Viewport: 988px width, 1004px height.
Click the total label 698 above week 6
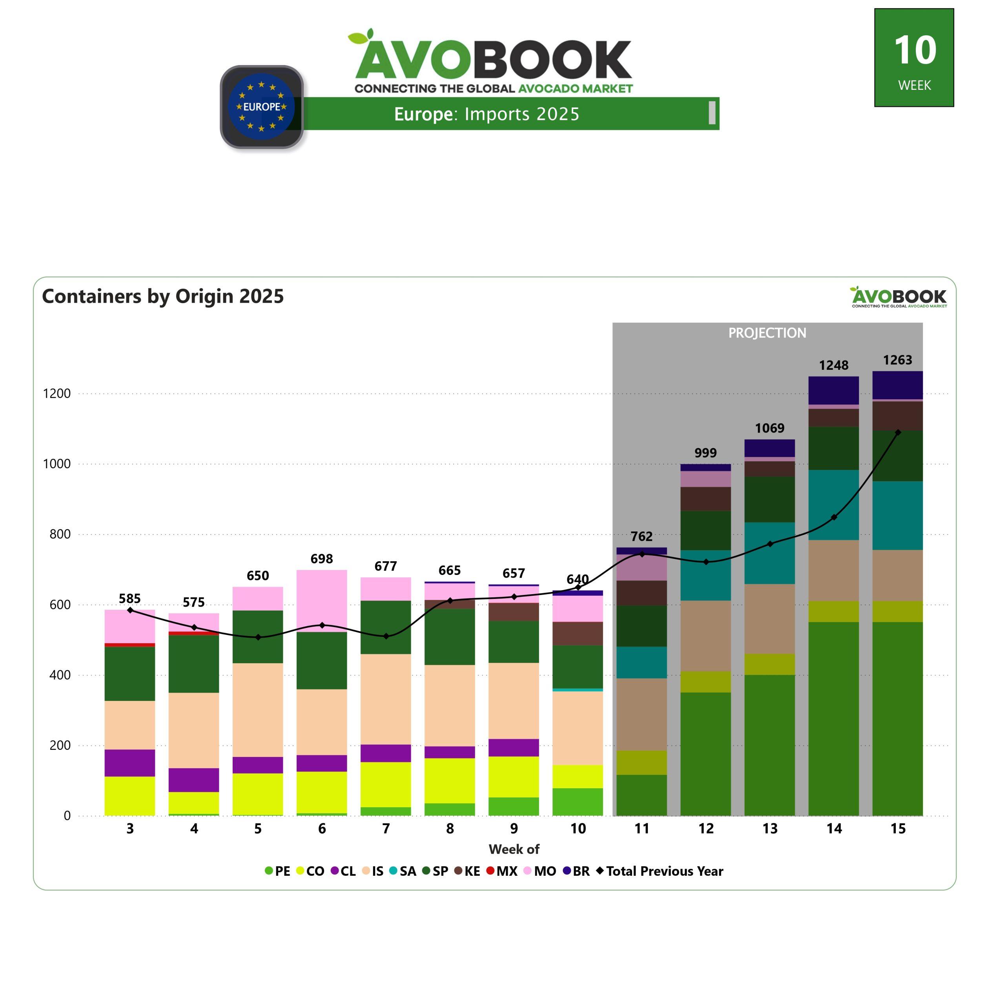pyautogui.click(x=322, y=558)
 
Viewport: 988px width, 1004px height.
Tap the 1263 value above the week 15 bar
pyautogui.click(x=897, y=360)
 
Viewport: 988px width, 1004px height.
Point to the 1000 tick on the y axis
pyautogui.click(x=57, y=464)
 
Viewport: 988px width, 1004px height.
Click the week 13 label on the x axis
pyautogui.click(x=769, y=829)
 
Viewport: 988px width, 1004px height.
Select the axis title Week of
pyautogui.click(x=514, y=849)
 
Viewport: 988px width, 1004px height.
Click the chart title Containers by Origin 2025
pyautogui.click(x=163, y=296)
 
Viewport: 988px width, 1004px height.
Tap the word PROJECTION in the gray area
pyautogui.click(x=767, y=333)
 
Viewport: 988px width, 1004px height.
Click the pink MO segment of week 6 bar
pyautogui.click(x=322, y=600)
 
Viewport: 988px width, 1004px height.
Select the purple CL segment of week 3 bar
pyautogui.click(x=130, y=762)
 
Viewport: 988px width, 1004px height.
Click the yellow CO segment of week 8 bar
pyautogui.click(x=449, y=780)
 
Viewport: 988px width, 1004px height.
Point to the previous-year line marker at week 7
pyautogui.click(x=386, y=636)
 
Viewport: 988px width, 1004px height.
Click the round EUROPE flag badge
pyautogui.click(x=262, y=107)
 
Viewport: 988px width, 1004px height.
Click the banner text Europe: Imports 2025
pyautogui.click(x=486, y=114)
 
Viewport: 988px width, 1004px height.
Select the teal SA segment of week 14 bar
pyautogui.click(x=833, y=505)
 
